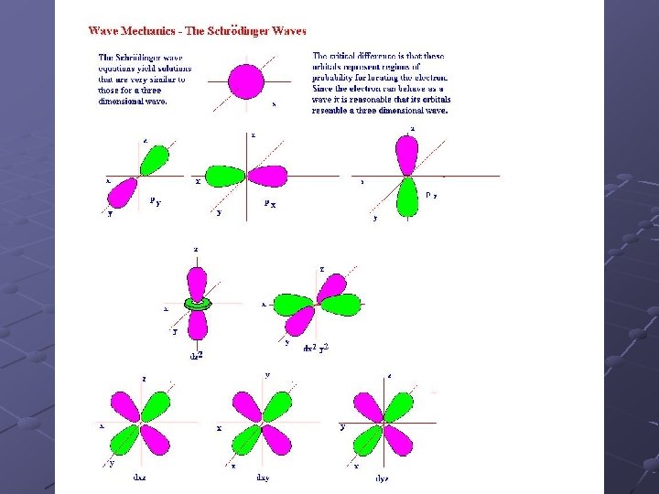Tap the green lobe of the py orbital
click(155, 160)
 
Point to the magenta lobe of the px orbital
click(272, 176)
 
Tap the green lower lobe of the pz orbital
click(407, 197)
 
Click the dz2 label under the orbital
click(196, 355)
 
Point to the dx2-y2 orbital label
click(316, 349)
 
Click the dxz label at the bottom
click(140, 477)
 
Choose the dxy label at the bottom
click(263, 477)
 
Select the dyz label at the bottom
click(384, 478)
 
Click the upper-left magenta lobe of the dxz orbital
click(125, 407)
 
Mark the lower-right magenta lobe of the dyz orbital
click(398, 440)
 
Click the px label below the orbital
click(270, 204)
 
